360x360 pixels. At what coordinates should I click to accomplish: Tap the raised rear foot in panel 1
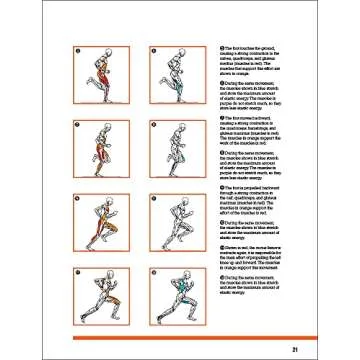(82, 85)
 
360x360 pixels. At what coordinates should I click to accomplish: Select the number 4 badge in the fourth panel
(151, 124)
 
